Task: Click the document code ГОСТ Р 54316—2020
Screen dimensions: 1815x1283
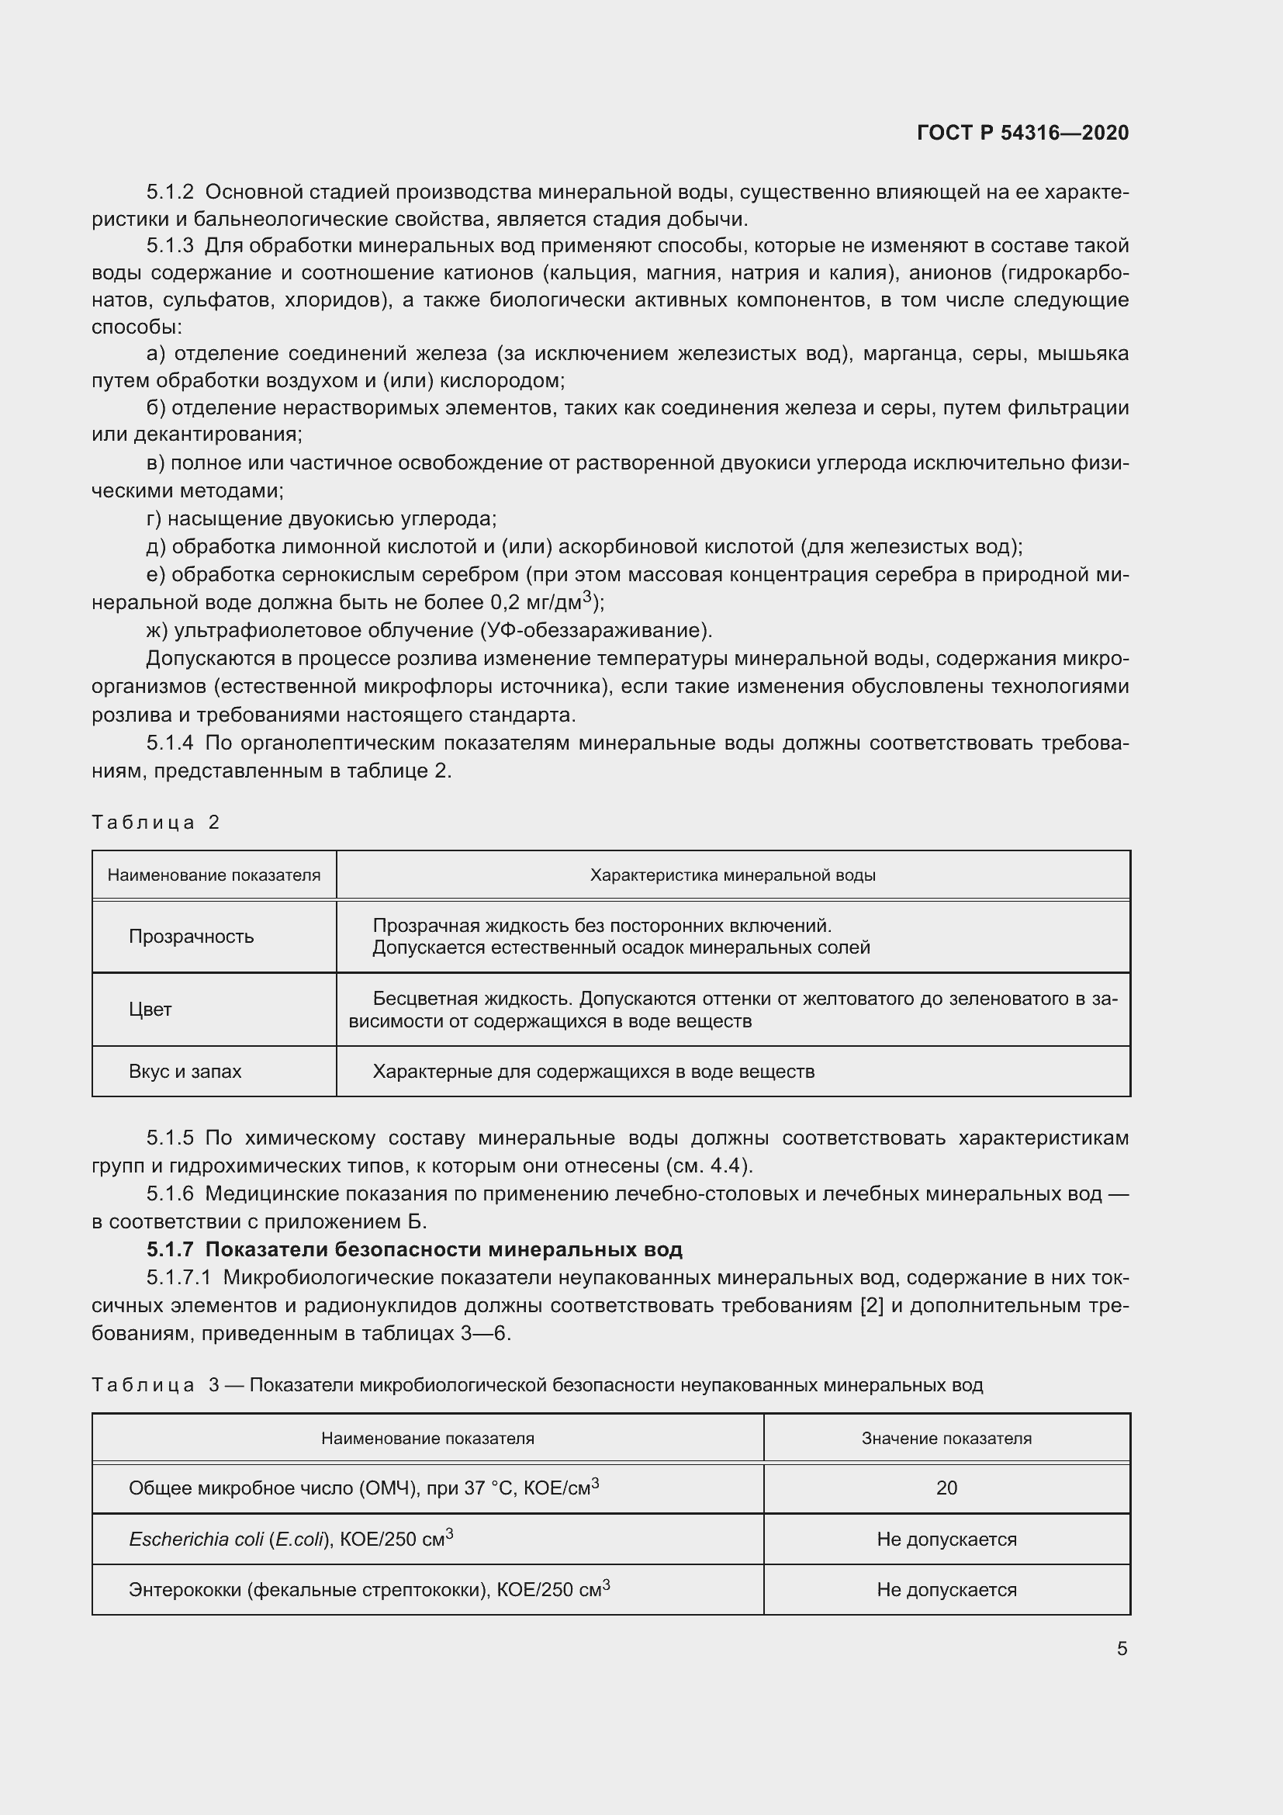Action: [x=1022, y=133]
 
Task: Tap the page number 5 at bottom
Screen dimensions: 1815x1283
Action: [x=1122, y=1648]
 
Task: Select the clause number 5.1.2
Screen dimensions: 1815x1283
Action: [x=170, y=192]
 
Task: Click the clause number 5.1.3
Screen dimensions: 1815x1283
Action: [x=170, y=245]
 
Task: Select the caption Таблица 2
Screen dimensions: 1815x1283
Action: [x=156, y=822]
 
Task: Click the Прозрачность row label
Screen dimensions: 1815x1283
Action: [x=191, y=937]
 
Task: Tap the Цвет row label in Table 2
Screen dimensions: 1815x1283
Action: [x=150, y=1010]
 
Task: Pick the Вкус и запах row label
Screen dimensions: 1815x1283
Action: [x=185, y=1072]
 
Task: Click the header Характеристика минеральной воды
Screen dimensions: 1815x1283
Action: [x=732, y=875]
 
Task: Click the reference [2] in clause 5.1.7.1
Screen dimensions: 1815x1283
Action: [x=871, y=1305]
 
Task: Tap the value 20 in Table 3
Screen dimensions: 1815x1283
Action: [x=946, y=1488]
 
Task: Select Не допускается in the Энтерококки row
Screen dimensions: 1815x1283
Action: [x=946, y=1590]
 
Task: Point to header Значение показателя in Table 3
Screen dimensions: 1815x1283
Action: [x=946, y=1439]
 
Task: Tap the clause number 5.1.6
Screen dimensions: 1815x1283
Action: [x=170, y=1193]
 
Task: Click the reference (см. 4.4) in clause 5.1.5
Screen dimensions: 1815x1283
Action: [x=709, y=1166]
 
